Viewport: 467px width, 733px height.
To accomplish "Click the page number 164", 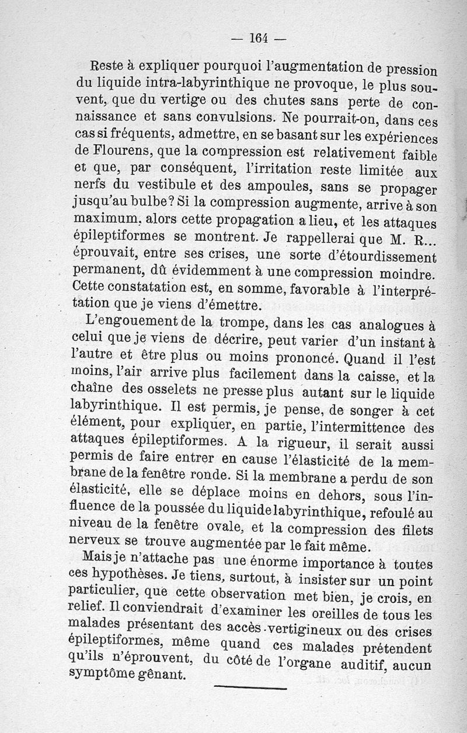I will coord(258,39).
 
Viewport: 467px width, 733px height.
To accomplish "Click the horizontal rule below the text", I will coord(250,687).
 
